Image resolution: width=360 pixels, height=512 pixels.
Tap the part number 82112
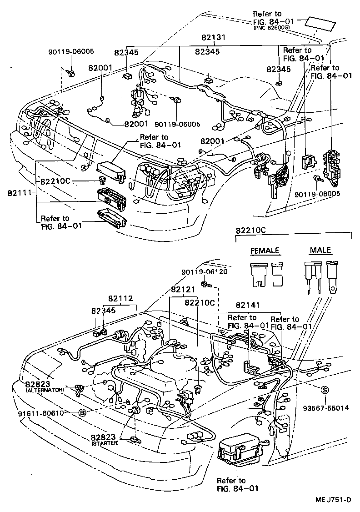coord(120,298)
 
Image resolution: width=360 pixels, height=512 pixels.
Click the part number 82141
coord(248,305)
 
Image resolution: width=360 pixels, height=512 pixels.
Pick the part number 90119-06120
coord(204,271)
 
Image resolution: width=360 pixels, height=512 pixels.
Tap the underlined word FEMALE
coord(265,251)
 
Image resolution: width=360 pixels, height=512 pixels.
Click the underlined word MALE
coord(320,251)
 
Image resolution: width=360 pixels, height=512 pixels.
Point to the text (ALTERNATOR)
coord(45,390)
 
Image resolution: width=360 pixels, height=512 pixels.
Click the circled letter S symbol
coord(325,390)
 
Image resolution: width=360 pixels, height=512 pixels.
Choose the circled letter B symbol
coord(82,413)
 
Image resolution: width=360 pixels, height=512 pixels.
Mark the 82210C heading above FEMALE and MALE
coord(251,231)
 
